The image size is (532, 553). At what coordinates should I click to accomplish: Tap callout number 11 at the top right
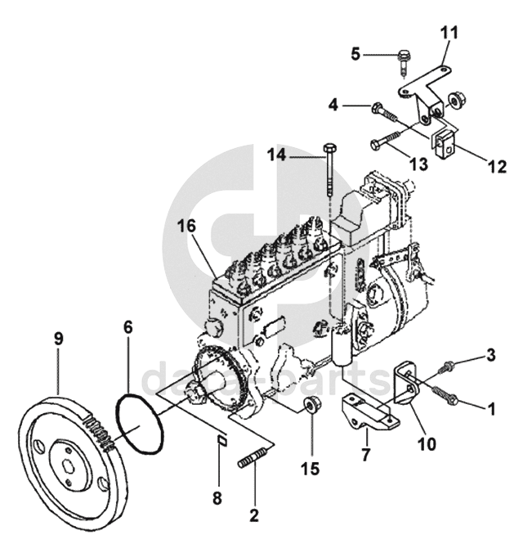(x=449, y=34)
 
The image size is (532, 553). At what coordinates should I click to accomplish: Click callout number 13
(x=418, y=164)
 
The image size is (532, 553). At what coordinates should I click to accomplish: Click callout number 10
(x=427, y=445)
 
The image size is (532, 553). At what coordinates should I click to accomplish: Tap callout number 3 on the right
(x=491, y=355)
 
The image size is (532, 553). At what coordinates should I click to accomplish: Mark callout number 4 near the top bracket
(x=333, y=105)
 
